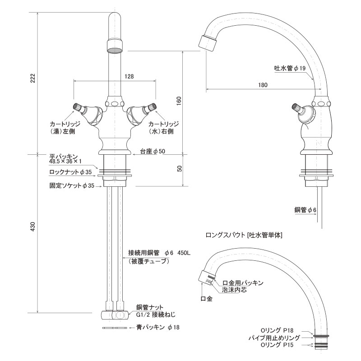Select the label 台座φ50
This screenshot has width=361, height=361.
[x=153, y=151]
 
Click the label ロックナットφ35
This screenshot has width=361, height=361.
[x=70, y=172]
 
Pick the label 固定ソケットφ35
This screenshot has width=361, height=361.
[x=71, y=185]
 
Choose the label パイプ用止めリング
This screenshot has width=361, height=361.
[x=280, y=337]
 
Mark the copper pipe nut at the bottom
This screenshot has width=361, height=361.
[x=111, y=315]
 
